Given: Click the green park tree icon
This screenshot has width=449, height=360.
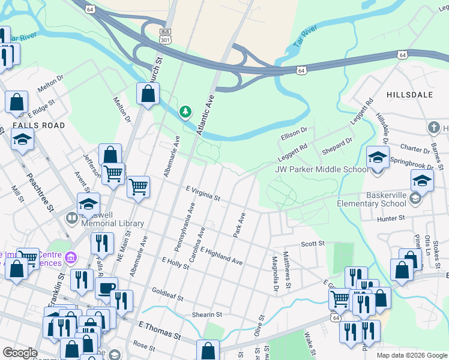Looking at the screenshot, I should click(x=186, y=112).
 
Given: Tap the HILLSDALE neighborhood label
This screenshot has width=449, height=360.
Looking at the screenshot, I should click(x=409, y=95).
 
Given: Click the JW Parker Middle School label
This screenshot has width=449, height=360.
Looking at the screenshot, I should click(x=321, y=169).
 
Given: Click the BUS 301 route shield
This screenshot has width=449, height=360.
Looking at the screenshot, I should click(x=165, y=35).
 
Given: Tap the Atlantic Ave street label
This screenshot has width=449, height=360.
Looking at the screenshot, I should click(x=207, y=113).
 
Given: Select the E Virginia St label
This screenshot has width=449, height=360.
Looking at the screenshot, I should click(x=203, y=194).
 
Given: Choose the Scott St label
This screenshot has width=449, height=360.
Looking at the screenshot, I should click(x=312, y=244).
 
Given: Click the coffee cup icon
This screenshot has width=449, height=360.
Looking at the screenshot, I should click(x=106, y=287).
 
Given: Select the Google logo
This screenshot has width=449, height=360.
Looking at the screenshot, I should click(x=19, y=353).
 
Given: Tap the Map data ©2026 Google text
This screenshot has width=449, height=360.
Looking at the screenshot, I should click(x=411, y=355).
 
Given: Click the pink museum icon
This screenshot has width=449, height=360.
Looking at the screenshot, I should click(x=71, y=258).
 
